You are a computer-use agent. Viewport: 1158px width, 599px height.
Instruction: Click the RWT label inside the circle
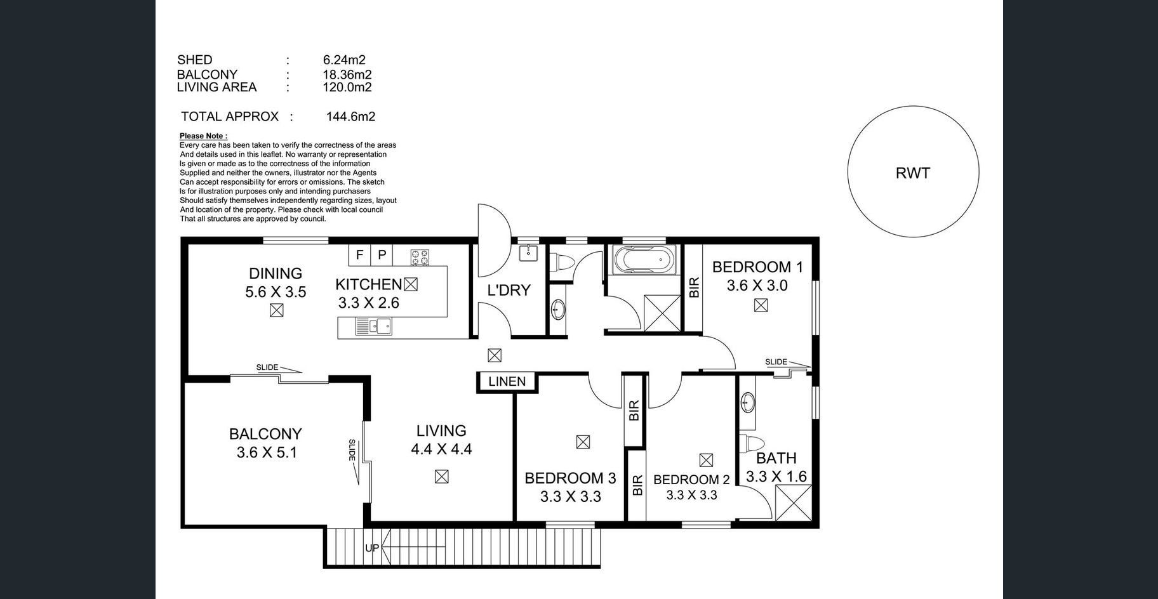[x=912, y=173]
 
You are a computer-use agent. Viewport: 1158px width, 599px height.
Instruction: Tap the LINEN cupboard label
[x=507, y=381]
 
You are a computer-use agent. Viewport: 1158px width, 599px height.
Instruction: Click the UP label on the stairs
[x=372, y=548]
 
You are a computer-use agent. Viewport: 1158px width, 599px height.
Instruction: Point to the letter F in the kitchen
[x=359, y=255]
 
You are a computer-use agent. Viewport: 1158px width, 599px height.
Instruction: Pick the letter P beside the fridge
[x=382, y=255]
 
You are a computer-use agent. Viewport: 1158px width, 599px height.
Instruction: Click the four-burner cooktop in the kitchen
[x=420, y=257]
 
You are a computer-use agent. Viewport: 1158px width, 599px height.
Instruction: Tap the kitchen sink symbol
[x=373, y=326]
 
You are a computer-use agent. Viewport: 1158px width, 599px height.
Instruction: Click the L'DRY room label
[x=509, y=291]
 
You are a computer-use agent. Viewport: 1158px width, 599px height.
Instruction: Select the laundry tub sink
[x=528, y=253]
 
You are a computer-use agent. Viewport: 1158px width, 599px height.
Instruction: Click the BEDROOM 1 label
[x=757, y=267]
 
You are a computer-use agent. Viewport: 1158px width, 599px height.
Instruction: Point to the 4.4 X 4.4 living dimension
[x=441, y=449]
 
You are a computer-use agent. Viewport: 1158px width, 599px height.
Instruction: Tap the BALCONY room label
[x=265, y=434]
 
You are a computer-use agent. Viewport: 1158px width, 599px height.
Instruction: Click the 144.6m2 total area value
[x=350, y=117]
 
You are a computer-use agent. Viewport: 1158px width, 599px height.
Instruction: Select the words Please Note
[x=203, y=136]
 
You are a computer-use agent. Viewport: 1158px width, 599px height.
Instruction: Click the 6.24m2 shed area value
[x=344, y=60]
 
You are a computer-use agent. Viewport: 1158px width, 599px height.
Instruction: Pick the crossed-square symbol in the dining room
[x=276, y=310]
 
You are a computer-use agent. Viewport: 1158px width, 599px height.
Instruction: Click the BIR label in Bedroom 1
[x=694, y=287]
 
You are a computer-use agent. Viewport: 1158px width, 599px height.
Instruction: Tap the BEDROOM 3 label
[x=570, y=478]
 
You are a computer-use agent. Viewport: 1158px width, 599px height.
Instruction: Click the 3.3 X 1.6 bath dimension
[x=776, y=477]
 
